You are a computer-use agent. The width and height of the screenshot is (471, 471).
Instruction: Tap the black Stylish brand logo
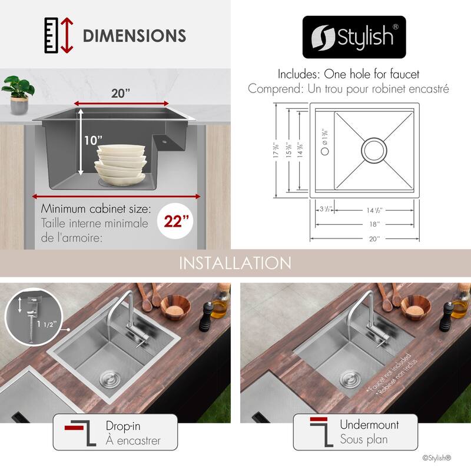point(354,37)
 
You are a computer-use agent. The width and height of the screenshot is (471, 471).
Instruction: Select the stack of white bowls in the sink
point(121,164)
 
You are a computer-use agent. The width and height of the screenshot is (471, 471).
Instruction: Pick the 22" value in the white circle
point(178,221)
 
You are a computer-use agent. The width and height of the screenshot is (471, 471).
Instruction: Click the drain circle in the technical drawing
point(374,150)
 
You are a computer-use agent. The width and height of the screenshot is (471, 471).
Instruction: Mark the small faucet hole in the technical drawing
point(325,151)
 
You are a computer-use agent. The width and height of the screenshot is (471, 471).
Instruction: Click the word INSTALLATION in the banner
point(235,263)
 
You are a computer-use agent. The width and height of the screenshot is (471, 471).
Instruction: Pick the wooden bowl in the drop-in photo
point(175,306)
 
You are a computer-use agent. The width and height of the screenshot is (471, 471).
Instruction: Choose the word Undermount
point(369,424)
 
